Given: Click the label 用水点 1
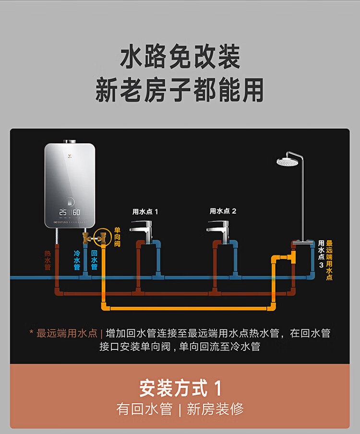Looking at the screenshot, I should click(x=145, y=211).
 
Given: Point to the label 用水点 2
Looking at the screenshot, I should click(x=223, y=211).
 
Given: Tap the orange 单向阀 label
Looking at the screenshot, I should click(x=117, y=237).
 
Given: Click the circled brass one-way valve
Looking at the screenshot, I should click(x=102, y=236).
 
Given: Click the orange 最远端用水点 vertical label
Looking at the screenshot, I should click(x=329, y=260).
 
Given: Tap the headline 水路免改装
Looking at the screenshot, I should click(x=180, y=57).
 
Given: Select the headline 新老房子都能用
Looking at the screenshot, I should click(x=180, y=90).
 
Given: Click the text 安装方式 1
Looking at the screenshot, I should click(x=180, y=387).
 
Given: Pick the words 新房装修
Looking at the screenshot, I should click(x=215, y=410).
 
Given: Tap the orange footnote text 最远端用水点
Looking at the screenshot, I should click(x=67, y=333).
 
